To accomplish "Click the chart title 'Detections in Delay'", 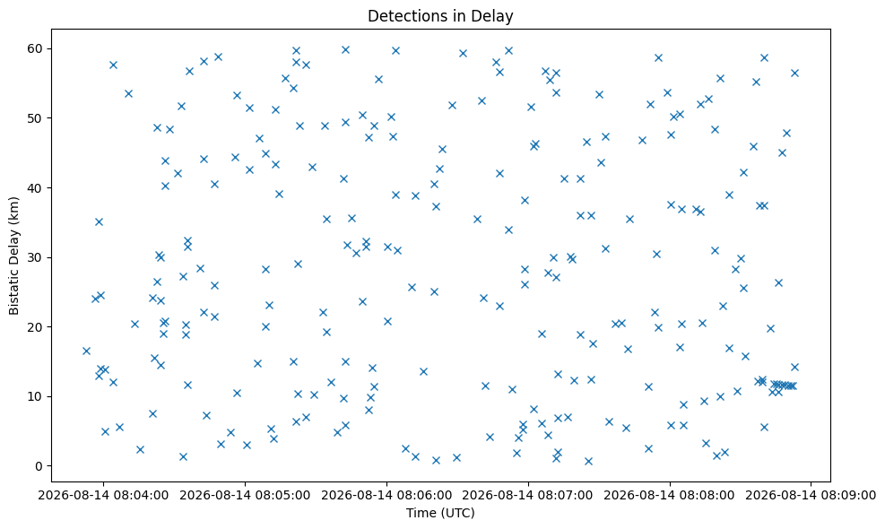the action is pos(440,16).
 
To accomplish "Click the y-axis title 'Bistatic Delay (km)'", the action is pos(13,256).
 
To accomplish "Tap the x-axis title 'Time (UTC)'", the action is pos(440,513).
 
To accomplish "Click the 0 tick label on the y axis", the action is pos(39,465).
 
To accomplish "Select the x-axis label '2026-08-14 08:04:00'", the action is pos(103,495).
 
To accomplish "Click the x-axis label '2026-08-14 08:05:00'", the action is pos(245,495).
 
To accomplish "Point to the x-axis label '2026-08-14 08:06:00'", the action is pos(386,495).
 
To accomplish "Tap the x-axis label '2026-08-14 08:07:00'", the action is pos(528,495).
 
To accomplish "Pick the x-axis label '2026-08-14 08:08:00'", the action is pos(670,495).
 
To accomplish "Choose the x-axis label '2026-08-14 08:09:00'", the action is pos(811,495).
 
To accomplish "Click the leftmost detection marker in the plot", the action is pos(86,351).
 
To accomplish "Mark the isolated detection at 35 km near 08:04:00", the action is pos(99,221).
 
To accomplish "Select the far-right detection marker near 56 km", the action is pos(794,73).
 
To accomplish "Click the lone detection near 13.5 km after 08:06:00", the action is pos(423,371).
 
